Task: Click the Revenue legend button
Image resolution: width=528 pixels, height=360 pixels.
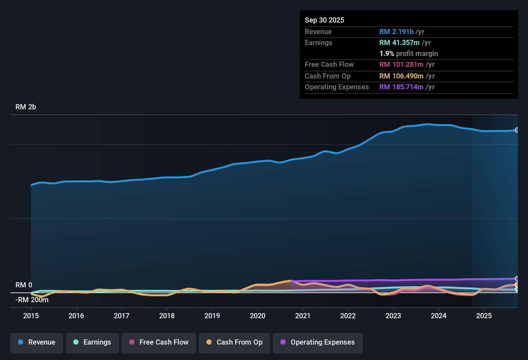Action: [x=37, y=342]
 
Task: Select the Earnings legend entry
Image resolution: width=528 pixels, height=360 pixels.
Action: [x=92, y=342]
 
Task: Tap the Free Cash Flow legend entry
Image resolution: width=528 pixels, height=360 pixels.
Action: [x=159, y=342]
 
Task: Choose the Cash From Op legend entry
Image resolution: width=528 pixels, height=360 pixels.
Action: [x=234, y=342]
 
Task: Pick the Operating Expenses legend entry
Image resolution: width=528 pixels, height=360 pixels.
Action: [x=318, y=342]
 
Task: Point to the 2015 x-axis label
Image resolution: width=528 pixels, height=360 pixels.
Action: [x=31, y=316]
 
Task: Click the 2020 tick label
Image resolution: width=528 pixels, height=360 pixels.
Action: [x=258, y=316]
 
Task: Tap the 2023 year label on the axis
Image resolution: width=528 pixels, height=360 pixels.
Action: [x=393, y=316]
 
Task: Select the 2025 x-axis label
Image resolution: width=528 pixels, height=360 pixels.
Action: [x=484, y=316]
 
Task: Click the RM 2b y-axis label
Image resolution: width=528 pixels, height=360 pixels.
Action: [x=26, y=107]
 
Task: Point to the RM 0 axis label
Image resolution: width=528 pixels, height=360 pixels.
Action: [x=24, y=285]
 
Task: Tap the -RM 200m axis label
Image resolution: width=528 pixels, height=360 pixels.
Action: [x=32, y=300]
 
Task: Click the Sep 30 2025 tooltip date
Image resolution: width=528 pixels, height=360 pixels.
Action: [x=324, y=20]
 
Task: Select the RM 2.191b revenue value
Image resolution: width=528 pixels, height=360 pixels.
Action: [x=396, y=32]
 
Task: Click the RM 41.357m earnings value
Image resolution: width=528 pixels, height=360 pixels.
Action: [x=399, y=43]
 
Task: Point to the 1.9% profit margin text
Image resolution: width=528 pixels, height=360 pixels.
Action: [x=409, y=54]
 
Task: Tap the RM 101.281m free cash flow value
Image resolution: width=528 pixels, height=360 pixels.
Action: [x=401, y=65]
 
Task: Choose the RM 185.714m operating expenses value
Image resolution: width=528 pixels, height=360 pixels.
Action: [x=401, y=87]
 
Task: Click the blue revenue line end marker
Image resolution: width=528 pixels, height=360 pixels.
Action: [x=517, y=130]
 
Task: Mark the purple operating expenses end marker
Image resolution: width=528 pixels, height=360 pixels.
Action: [x=517, y=279]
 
